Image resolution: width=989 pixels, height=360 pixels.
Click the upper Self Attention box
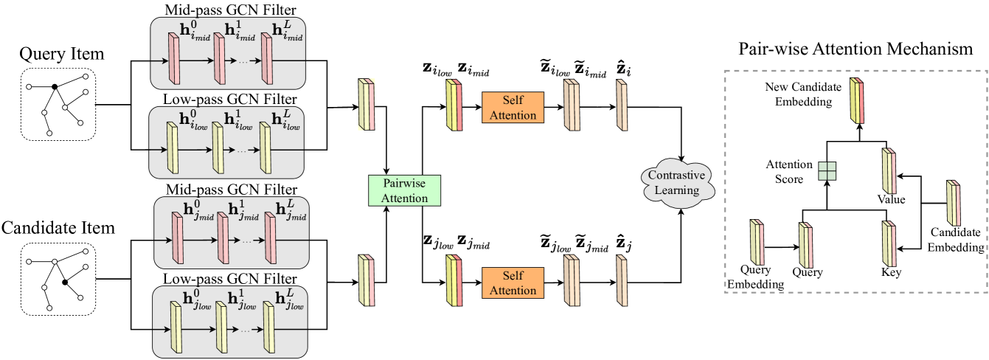(x=513, y=107)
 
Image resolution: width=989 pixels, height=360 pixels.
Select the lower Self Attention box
(x=513, y=283)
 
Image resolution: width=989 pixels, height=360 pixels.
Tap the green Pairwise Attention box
(x=403, y=190)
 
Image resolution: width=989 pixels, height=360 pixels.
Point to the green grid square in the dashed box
(x=827, y=170)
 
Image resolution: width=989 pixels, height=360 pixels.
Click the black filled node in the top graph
(x=55, y=87)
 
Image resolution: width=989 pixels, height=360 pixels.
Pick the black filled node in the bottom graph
(x=65, y=283)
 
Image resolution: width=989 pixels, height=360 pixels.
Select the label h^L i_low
(x=285, y=121)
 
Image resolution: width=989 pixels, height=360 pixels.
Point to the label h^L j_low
(x=288, y=300)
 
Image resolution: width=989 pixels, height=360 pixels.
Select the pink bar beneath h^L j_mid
(x=269, y=240)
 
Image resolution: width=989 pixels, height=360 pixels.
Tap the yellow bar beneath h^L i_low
(x=266, y=150)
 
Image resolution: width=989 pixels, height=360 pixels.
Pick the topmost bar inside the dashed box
(x=856, y=101)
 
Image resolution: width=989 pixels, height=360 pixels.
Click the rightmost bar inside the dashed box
(x=954, y=203)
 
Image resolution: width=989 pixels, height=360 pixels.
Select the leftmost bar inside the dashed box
(x=757, y=242)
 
